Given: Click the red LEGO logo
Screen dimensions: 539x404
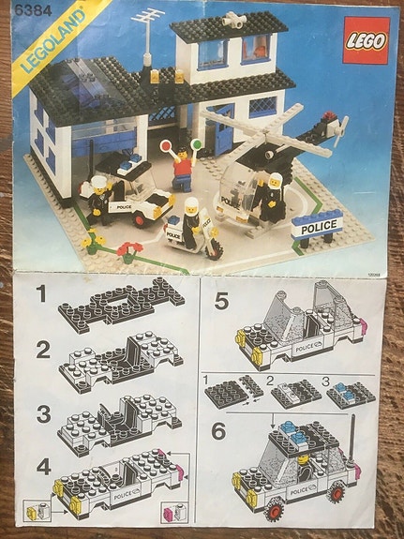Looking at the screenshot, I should pos(365,41).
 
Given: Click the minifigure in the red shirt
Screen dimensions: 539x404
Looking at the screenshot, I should pos(184,168).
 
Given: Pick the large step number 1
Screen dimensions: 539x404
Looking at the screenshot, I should pos(41,297).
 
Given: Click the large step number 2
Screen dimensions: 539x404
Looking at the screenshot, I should pos(41,352).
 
